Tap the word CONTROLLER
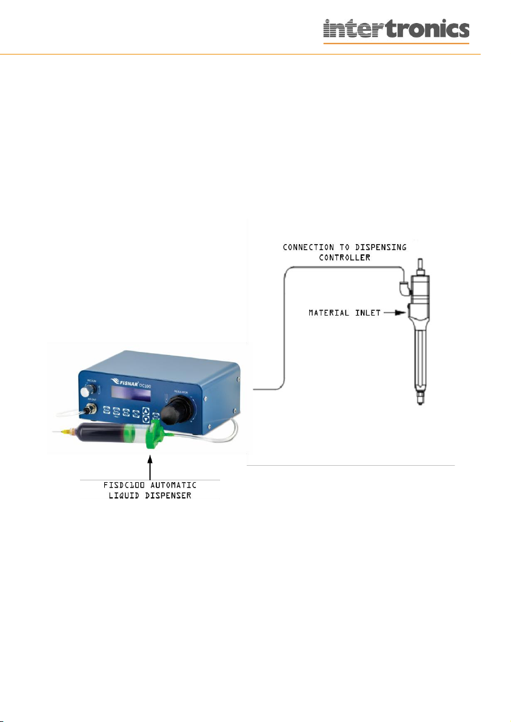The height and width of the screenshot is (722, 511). pos(344,257)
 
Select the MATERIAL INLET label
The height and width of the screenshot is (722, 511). pos(341,313)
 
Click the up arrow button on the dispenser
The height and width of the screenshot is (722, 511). pos(145,411)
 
